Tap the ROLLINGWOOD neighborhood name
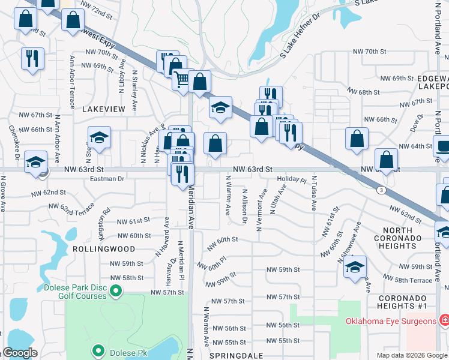tap(95, 248)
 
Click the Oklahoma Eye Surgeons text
tap(391, 321)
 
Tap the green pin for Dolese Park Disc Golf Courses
tap(116, 292)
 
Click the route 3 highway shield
tap(381, 190)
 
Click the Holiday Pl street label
tap(292, 179)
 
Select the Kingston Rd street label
tap(103, 220)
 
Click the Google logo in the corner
tap(20, 353)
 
